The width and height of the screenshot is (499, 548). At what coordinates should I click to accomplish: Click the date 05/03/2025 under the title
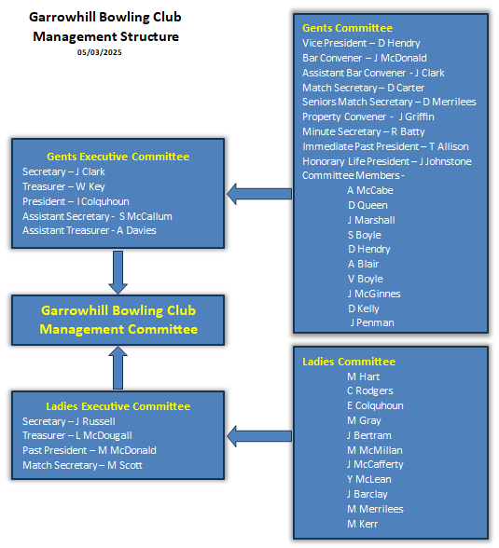click(99, 52)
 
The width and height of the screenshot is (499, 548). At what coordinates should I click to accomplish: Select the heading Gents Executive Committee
click(118, 157)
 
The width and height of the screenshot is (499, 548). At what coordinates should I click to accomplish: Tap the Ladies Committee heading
click(349, 362)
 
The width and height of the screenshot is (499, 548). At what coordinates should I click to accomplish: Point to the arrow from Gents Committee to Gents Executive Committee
click(259, 194)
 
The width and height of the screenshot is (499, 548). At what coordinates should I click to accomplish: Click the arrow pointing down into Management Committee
click(118, 272)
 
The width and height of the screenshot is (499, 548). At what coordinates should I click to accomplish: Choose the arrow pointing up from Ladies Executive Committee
click(118, 367)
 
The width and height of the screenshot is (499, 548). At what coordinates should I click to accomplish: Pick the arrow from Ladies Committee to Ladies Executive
click(259, 436)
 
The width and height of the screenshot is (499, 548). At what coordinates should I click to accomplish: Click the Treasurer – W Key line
click(63, 186)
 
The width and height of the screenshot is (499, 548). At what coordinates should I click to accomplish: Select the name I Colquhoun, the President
click(104, 201)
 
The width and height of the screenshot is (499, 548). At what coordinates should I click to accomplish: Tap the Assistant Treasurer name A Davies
click(136, 230)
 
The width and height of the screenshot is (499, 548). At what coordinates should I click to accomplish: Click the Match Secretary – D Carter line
click(363, 88)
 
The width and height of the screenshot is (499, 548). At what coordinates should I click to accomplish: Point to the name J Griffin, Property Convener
click(417, 116)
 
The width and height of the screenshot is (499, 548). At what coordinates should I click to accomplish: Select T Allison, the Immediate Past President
click(449, 146)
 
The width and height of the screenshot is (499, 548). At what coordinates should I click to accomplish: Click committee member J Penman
click(372, 322)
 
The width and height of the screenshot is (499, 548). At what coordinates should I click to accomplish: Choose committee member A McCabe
click(370, 190)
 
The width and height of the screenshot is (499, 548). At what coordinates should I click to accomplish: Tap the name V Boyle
click(366, 279)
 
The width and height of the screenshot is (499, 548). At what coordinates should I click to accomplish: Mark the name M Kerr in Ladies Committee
click(362, 524)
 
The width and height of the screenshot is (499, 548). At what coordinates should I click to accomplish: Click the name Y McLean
click(369, 479)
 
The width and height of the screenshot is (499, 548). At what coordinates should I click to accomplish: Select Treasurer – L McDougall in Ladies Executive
click(77, 435)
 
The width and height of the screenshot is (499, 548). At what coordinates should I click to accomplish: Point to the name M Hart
click(364, 377)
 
